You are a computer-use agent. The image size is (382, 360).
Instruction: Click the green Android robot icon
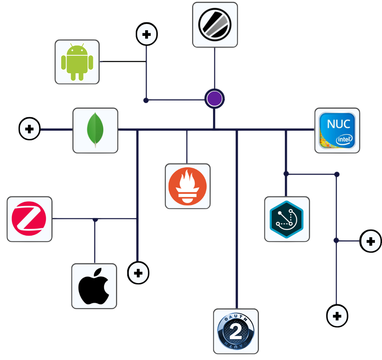(77, 62)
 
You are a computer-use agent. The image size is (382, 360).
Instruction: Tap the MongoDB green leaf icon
(95, 130)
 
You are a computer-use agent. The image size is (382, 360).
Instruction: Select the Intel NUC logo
(337, 130)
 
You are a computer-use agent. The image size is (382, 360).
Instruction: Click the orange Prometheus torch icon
(187, 186)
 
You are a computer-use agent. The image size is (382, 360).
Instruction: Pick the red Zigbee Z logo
(29, 219)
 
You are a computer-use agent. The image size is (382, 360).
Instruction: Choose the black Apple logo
(94, 286)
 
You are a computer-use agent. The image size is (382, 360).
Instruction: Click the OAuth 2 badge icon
(236, 331)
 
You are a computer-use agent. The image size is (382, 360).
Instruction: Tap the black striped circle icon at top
(215, 25)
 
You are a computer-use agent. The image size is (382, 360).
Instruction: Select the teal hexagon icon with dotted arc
(287, 219)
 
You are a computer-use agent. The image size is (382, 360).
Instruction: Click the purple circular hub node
(215, 99)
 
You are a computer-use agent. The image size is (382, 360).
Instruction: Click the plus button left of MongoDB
(29, 129)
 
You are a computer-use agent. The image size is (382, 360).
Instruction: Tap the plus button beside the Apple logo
(138, 273)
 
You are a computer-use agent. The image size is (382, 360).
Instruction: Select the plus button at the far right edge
(370, 241)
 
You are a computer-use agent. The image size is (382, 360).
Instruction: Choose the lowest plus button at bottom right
(337, 316)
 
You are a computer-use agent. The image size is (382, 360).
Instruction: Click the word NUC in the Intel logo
(337, 124)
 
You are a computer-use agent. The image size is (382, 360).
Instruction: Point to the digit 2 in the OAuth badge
(236, 331)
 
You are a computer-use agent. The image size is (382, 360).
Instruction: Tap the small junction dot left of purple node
(146, 100)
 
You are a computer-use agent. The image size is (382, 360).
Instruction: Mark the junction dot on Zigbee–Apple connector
(95, 220)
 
